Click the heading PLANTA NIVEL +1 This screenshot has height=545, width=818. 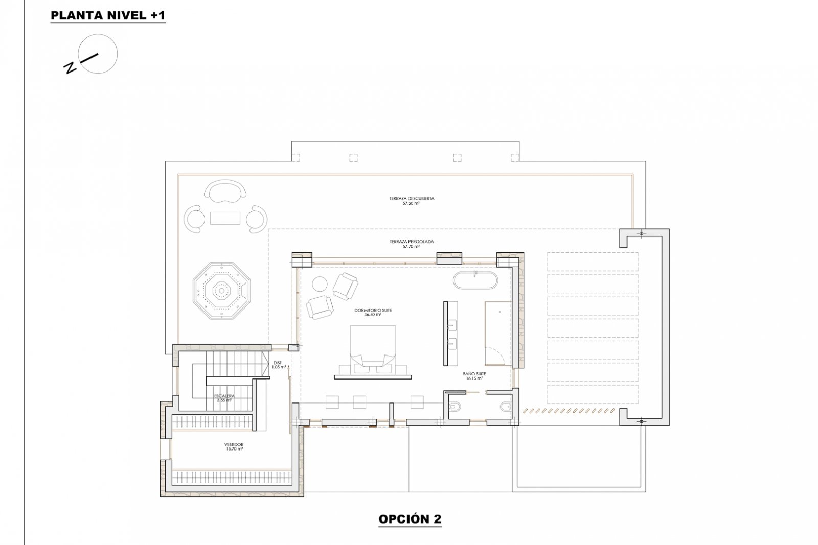point(108,16)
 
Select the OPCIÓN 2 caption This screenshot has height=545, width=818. point(410,519)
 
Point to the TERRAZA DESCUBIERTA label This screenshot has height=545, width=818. point(411,198)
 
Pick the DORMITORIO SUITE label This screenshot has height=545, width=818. point(373,310)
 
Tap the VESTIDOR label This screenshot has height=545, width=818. point(234,445)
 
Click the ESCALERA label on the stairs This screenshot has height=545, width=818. point(224,396)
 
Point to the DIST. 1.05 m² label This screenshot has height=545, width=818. point(279,365)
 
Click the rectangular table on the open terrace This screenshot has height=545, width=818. point(225,218)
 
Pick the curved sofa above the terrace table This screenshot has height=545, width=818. point(224,192)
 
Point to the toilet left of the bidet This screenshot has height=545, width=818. point(455,407)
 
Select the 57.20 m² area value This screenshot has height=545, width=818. point(411,203)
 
